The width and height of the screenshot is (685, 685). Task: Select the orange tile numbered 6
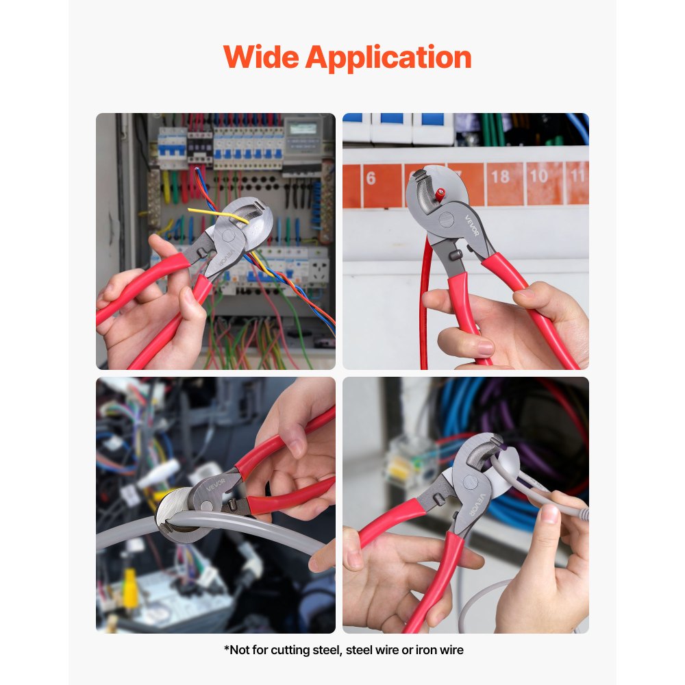point(371,179)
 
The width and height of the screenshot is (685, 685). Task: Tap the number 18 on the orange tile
point(500,177)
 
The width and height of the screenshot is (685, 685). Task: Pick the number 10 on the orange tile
point(538,176)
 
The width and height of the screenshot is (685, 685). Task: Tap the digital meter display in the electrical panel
point(303,129)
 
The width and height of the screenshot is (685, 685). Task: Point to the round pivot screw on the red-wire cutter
point(445,220)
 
